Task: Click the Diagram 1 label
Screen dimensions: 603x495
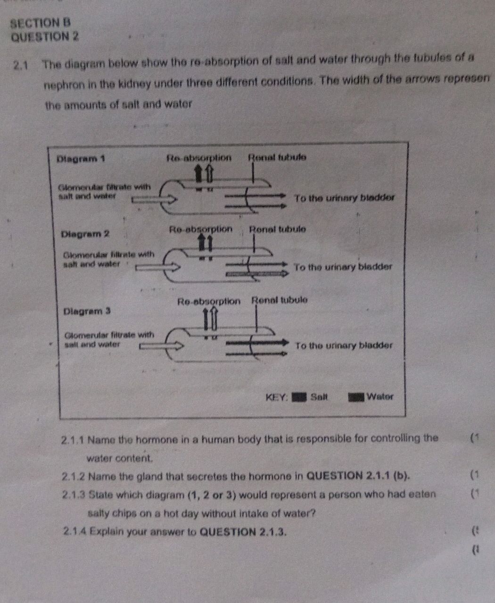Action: click(x=80, y=158)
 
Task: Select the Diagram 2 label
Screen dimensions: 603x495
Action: click(x=85, y=233)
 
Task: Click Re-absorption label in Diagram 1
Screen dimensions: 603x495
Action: click(x=199, y=158)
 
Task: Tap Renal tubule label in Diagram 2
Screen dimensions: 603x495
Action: click(x=278, y=229)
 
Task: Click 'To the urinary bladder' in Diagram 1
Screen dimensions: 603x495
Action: click(x=343, y=197)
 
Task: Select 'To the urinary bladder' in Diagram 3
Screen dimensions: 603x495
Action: click(x=343, y=345)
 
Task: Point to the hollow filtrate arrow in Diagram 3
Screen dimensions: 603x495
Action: click(x=160, y=347)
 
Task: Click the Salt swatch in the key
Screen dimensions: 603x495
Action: click(x=299, y=397)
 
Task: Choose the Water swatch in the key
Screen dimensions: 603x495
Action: click(x=356, y=397)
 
